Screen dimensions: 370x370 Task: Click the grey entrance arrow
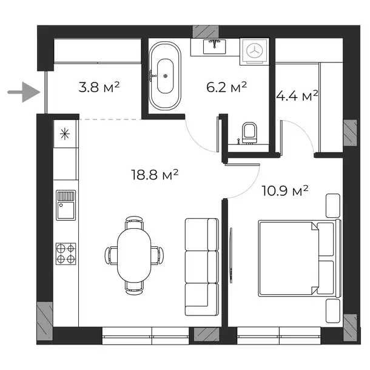pos(24,92)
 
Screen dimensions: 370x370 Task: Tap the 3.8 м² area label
pos(99,87)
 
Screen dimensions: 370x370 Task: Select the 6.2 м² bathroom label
pos(226,87)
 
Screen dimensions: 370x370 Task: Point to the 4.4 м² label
pos(297,96)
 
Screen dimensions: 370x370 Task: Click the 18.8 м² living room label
pos(155,175)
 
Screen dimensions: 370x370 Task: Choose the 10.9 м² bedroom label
pos(285,190)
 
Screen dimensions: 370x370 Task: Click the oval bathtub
pos(165,76)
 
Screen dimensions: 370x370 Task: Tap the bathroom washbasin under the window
pos(215,47)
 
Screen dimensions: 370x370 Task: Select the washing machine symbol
pos(254,52)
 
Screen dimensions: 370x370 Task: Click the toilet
pos(250,133)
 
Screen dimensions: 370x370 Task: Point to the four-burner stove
pos(66,254)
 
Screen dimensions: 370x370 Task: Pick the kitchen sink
pos(66,205)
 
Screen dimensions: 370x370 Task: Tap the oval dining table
pos(134,255)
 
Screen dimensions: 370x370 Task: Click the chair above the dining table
pos(134,223)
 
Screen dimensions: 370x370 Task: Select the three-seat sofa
pos(202,267)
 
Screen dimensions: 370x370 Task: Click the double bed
pos(300,258)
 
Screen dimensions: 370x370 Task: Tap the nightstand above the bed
pos(333,206)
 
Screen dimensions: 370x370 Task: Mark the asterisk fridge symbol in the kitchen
pos(65,134)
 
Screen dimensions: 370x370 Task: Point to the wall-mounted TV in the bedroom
pos(231,255)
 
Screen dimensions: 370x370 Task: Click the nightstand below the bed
pos(333,311)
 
